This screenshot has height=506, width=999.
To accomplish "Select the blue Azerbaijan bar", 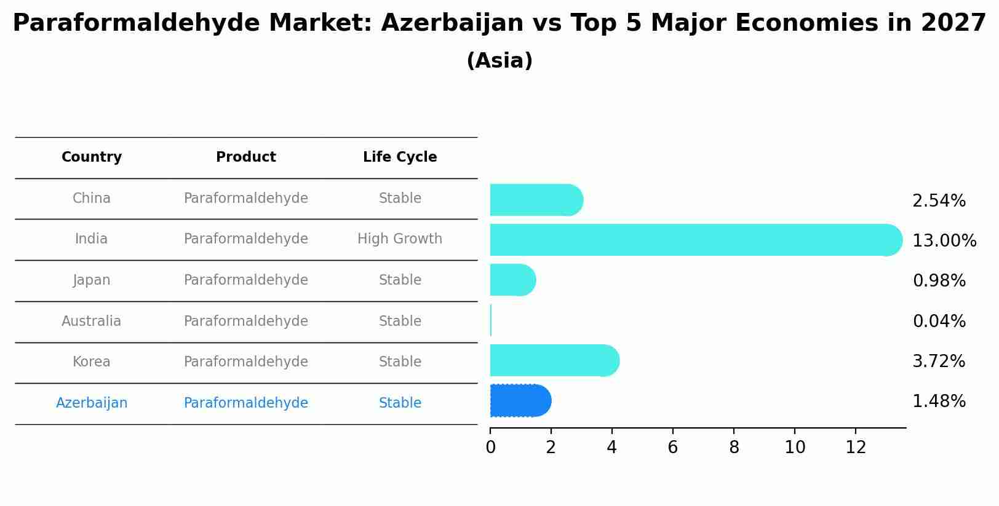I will (x=520, y=401).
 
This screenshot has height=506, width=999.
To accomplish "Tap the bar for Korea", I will (x=554, y=360).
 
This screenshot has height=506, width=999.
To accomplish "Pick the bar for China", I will (x=536, y=200).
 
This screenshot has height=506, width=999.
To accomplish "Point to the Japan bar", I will (x=512, y=280).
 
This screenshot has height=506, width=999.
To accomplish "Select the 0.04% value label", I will (x=939, y=321).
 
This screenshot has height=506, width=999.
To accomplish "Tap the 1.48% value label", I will (x=939, y=401).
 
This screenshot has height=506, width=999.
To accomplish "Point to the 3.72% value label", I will (x=939, y=361).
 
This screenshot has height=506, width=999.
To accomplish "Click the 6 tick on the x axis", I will (x=672, y=448).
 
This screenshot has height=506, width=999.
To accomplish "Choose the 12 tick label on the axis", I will (x=856, y=448).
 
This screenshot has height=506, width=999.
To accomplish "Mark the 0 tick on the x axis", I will (x=490, y=448).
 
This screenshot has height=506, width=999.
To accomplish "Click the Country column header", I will (x=92, y=157).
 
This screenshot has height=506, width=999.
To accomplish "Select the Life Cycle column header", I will (x=400, y=157).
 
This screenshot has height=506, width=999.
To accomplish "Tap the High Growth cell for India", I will (x=400, y=239).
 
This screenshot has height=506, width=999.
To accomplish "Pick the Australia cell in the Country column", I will (x=92, y=321).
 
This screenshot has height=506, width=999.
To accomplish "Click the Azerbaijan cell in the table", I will (x=92, y=403).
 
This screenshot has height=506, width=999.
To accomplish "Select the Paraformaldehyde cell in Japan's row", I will (x=246, y=280).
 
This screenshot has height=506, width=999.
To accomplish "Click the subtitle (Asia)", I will (x=499, y=61).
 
